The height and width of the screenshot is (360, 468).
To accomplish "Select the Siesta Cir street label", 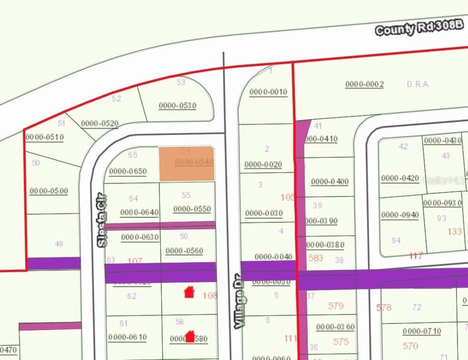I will coord(102,220).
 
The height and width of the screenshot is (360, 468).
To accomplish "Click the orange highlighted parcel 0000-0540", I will coord(187,163).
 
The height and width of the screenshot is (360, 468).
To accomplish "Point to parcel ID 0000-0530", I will coord(177,105).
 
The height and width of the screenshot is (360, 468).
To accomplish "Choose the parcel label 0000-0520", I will coord(100,123).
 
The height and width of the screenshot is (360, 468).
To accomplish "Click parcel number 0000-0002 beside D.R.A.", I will coord(364,84).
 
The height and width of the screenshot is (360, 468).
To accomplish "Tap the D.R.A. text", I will coord(418,84).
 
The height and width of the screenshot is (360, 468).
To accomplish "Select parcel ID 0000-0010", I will coord(268,91).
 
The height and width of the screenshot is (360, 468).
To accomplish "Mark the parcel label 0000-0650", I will coord(128,171).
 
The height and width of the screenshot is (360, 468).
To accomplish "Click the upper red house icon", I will coord(189,291).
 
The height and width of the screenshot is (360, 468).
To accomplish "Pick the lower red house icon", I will coord(189,336).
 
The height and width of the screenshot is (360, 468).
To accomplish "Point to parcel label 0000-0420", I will coord(400,178).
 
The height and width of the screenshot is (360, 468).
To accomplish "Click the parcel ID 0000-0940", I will coord(399,215).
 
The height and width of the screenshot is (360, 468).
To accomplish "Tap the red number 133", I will coord(454,231).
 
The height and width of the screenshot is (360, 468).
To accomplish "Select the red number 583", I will coord(316,257).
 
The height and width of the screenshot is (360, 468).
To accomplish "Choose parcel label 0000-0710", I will coord(421,331).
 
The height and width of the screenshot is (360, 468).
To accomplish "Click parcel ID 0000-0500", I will coord(49,190).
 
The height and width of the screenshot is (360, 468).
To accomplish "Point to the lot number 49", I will coord(59,244).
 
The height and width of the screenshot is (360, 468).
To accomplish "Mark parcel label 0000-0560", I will coord(184,251).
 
